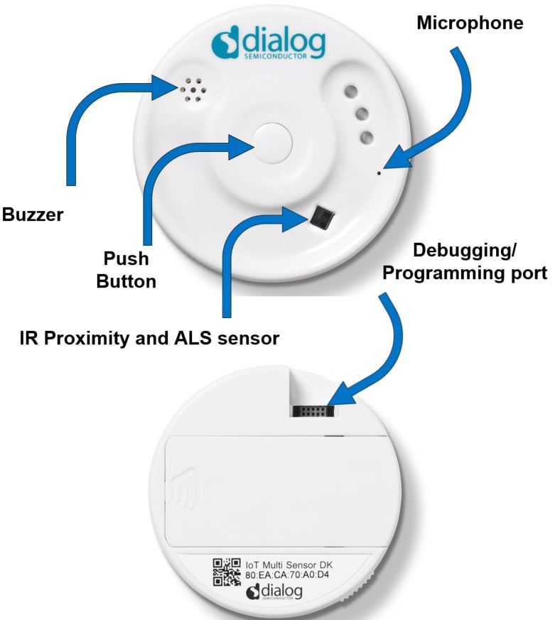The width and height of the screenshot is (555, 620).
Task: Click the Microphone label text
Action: pos(469,23)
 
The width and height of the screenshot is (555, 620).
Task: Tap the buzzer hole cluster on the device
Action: pos(193,90)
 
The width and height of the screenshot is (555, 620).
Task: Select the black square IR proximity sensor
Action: pos(321,217)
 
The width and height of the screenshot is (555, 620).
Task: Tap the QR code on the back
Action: pos(227,572)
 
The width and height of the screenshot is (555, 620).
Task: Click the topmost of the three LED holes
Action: pos(350,92)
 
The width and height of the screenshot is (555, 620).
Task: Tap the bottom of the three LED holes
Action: pos(367,138)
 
